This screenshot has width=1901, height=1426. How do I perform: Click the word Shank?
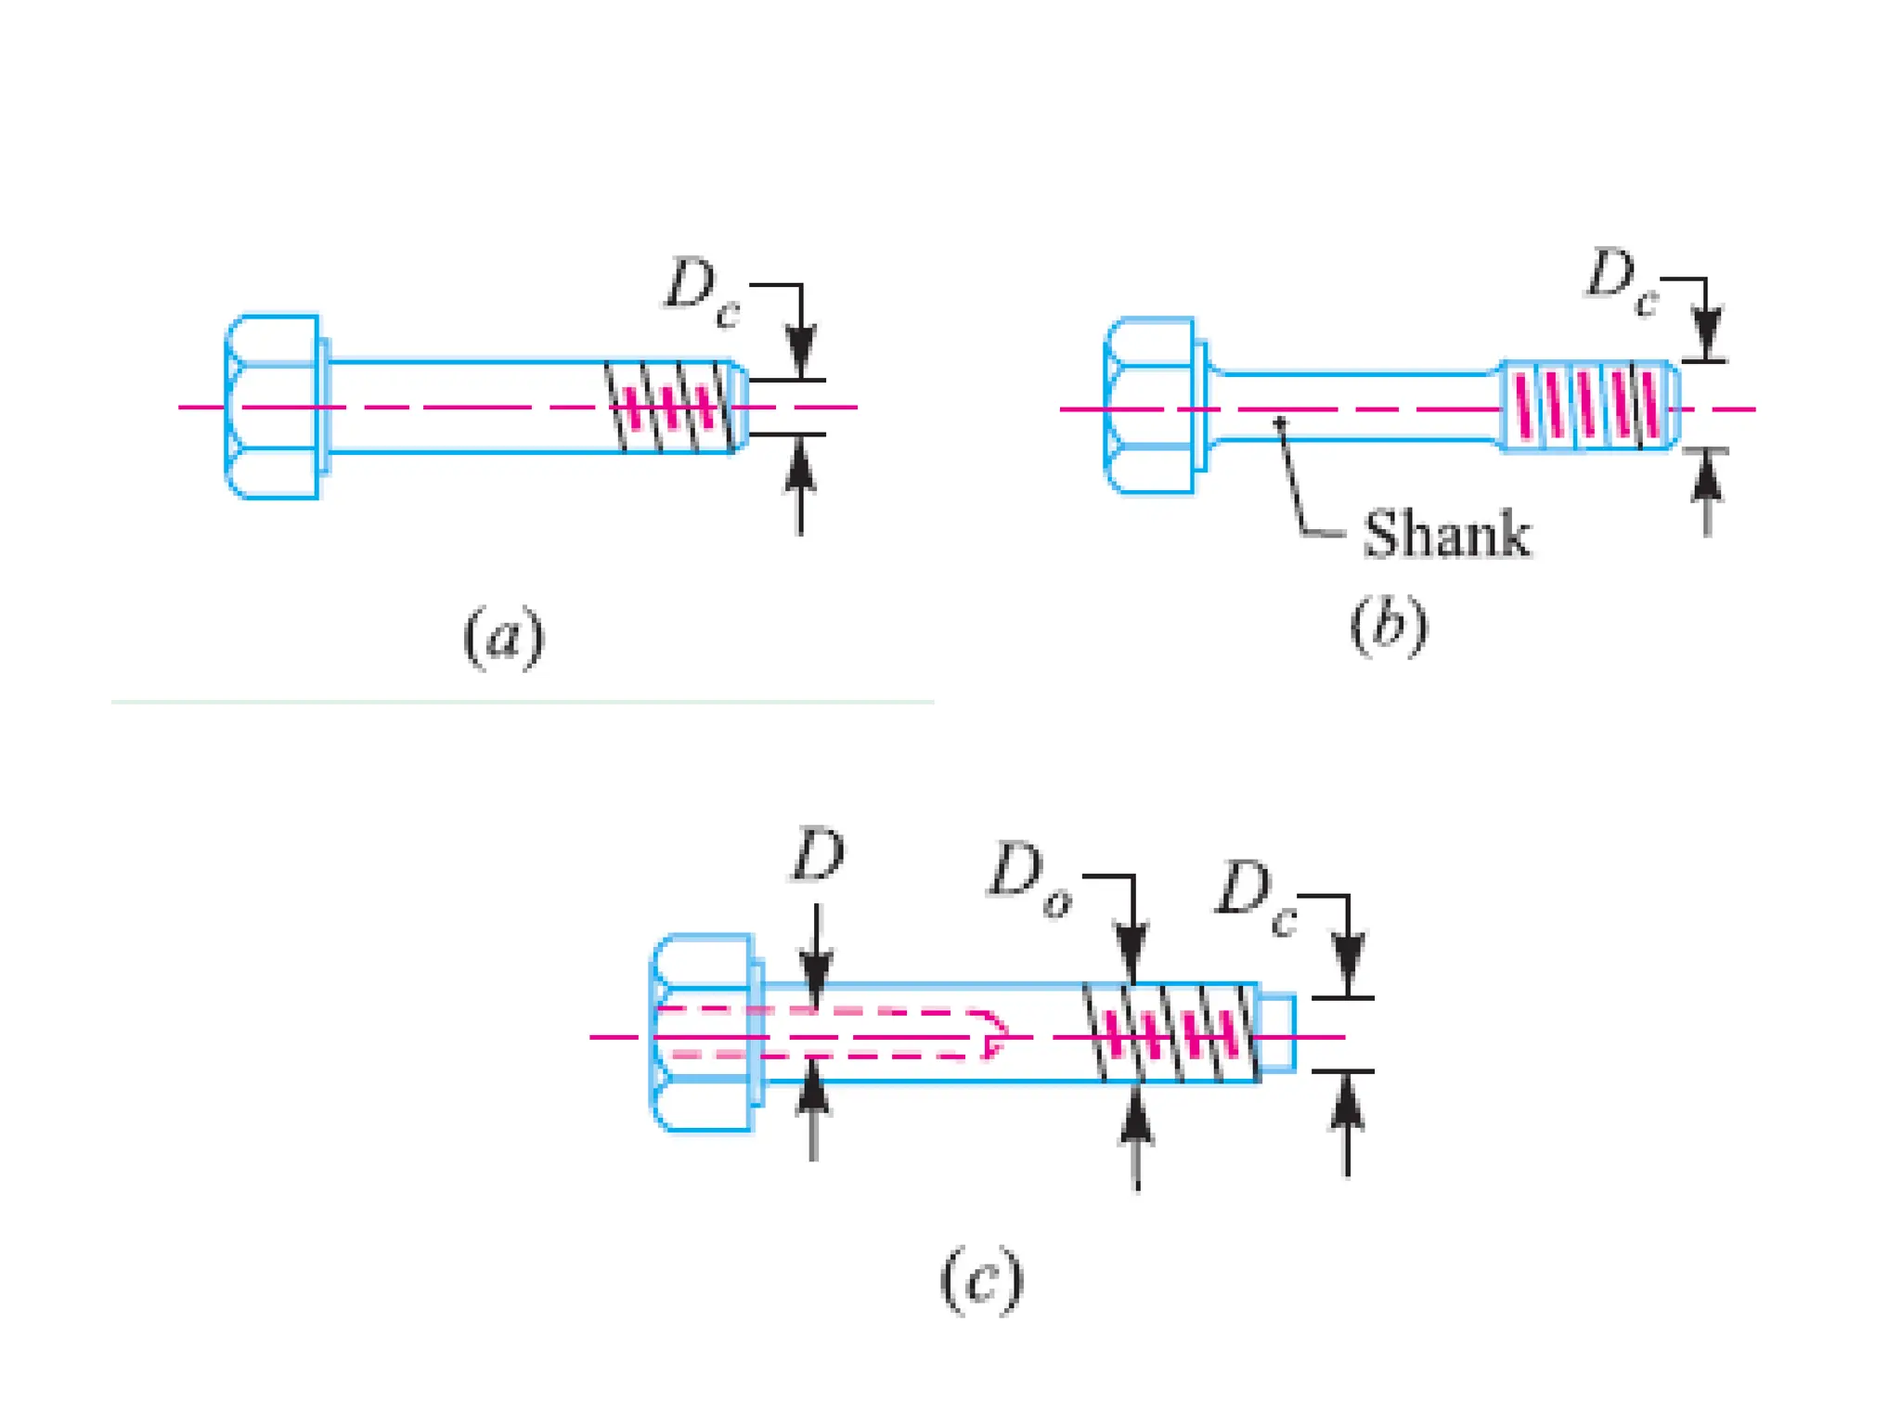click(x=1446, y=535)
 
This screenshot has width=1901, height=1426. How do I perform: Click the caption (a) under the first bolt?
click(x=504, y=637)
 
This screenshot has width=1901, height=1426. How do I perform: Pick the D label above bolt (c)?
click(x=818, y=855)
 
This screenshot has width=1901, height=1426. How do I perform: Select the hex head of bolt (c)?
click(x=704, y=1033)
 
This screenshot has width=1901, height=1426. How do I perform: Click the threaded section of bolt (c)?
click(x=1171, y=1033)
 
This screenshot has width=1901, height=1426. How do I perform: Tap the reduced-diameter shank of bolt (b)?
click(x=1355, y=407)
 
